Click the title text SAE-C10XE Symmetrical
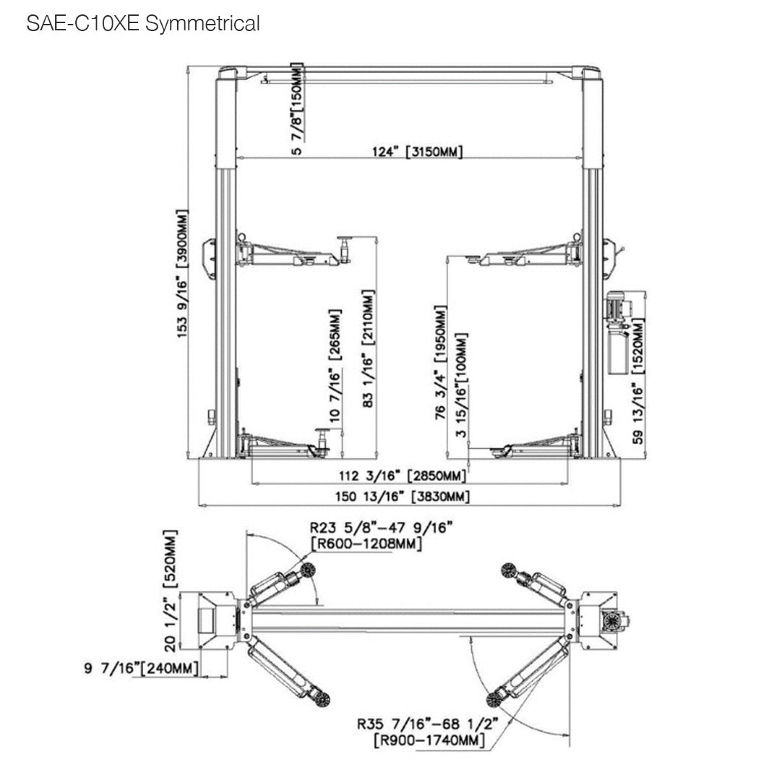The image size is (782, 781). (142, 24)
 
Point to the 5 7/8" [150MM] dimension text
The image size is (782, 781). (296, 108)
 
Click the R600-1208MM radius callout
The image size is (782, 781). (366, 543)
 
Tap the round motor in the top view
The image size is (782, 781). (611, 620)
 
